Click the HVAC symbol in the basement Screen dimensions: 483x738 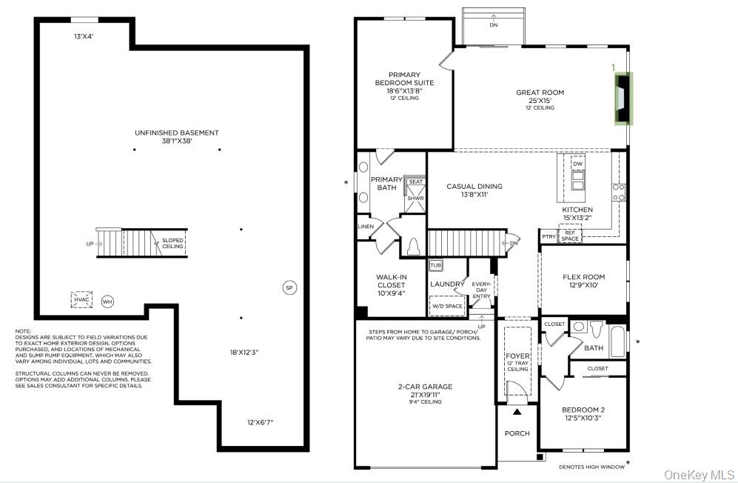coord(81,299)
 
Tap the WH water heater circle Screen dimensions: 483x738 coord(107,302)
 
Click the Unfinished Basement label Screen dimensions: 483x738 coord(176,137)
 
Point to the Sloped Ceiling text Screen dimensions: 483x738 coord(172,243)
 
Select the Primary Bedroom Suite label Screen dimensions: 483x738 coord(403,82)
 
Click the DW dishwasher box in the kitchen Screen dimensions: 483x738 coord(578,164)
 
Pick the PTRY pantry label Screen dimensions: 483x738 coord(549,237)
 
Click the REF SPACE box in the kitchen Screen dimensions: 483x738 coord(570,236)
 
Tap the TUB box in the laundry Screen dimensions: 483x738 coord(436,264)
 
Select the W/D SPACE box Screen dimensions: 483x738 coord(446,304)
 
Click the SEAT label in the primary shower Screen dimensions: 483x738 coord(415,181)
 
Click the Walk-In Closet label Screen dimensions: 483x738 coord(392,284)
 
